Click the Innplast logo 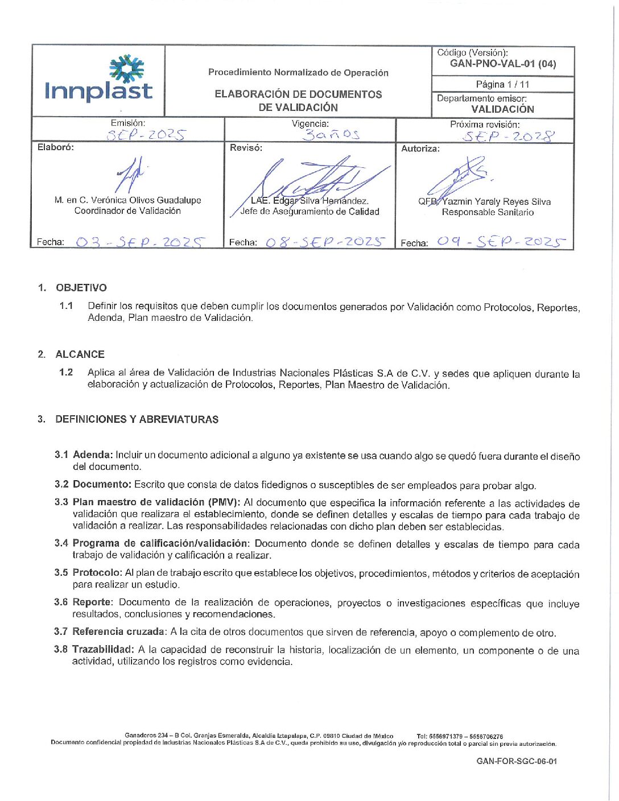pyautogui.click(x=99, y=80)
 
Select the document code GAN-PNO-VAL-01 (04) pyautogui.click(x=503, y=64)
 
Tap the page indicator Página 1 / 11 pyautogui.click(x=502, y=84)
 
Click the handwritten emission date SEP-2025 pyautogui.click(x=146, y=135)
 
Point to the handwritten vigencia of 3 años pyautogui.click(x=331, y=135)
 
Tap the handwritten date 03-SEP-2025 pyautogui.click(x=140, y=242)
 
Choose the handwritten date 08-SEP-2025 pyautogui.click(x=325, y=242)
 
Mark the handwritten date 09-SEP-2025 pyautogui.click(x=501, y=242)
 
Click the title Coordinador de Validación pyautogui.click(x=127, y=211)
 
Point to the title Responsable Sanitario pyautogui.click(x=488, y=212)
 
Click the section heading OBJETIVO pyautogui.click(x=81, y=288)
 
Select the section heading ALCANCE pyautogui.click(x=80, y=354)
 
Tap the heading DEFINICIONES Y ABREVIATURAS pyautogui.click(x=137, y=419)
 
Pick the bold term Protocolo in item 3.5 pyautogui.click(x=97, y=572)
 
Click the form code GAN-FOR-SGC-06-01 pyautogui.click(x=517, y=761)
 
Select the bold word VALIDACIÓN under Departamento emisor pyautogui.click(x=502, y=109)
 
